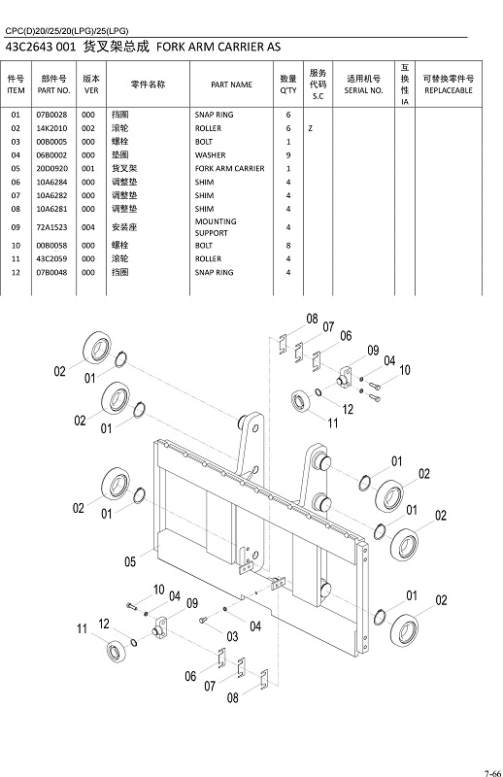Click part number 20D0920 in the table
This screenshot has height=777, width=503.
coord(51,168)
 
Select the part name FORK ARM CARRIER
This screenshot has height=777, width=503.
coord(229,168)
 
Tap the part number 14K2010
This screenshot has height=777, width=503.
coord(51,128)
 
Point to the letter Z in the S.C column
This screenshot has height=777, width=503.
coord(310,128)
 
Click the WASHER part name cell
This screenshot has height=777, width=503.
coord(210,155)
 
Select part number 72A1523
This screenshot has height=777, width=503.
coord(51,227)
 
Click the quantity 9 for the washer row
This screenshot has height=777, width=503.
coord(288,155)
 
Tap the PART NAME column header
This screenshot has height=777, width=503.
coord(231,84)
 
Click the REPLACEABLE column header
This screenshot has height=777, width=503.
coord(448,84)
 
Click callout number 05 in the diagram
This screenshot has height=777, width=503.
coord(130,560)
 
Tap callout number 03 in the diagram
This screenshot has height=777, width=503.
coord(232,636)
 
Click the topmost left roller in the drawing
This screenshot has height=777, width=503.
coord(98,347)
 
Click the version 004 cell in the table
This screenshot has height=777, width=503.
coord(88,227)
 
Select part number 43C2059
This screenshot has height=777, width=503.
coord(51,259)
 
